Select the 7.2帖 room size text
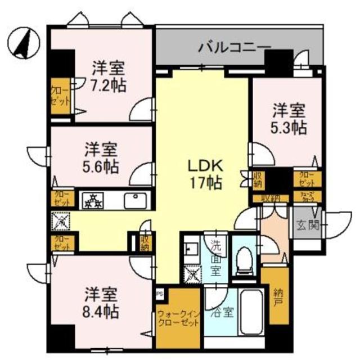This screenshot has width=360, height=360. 110,85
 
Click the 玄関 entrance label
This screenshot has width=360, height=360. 307,226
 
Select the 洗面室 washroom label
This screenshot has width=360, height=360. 216,257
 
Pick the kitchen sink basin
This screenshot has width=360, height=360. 134,200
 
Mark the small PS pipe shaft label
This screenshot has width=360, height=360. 159,292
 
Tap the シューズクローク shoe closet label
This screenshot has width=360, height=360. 307,197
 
